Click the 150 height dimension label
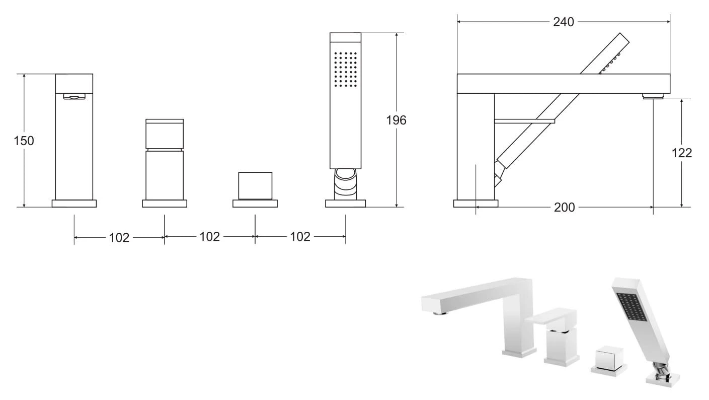(x=24, y=141)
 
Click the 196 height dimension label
(x=396, y=120)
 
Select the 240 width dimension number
(x=564, y=22)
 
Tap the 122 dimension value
(x=682, y=153)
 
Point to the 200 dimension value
(x=565, y=207)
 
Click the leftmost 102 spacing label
(x=119, y=237)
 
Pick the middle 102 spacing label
(x=209, y=236)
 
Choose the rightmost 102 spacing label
(x=300, y=236)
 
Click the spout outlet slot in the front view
(x=74, y=96)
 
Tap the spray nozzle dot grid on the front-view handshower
(x=345, y=70)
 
